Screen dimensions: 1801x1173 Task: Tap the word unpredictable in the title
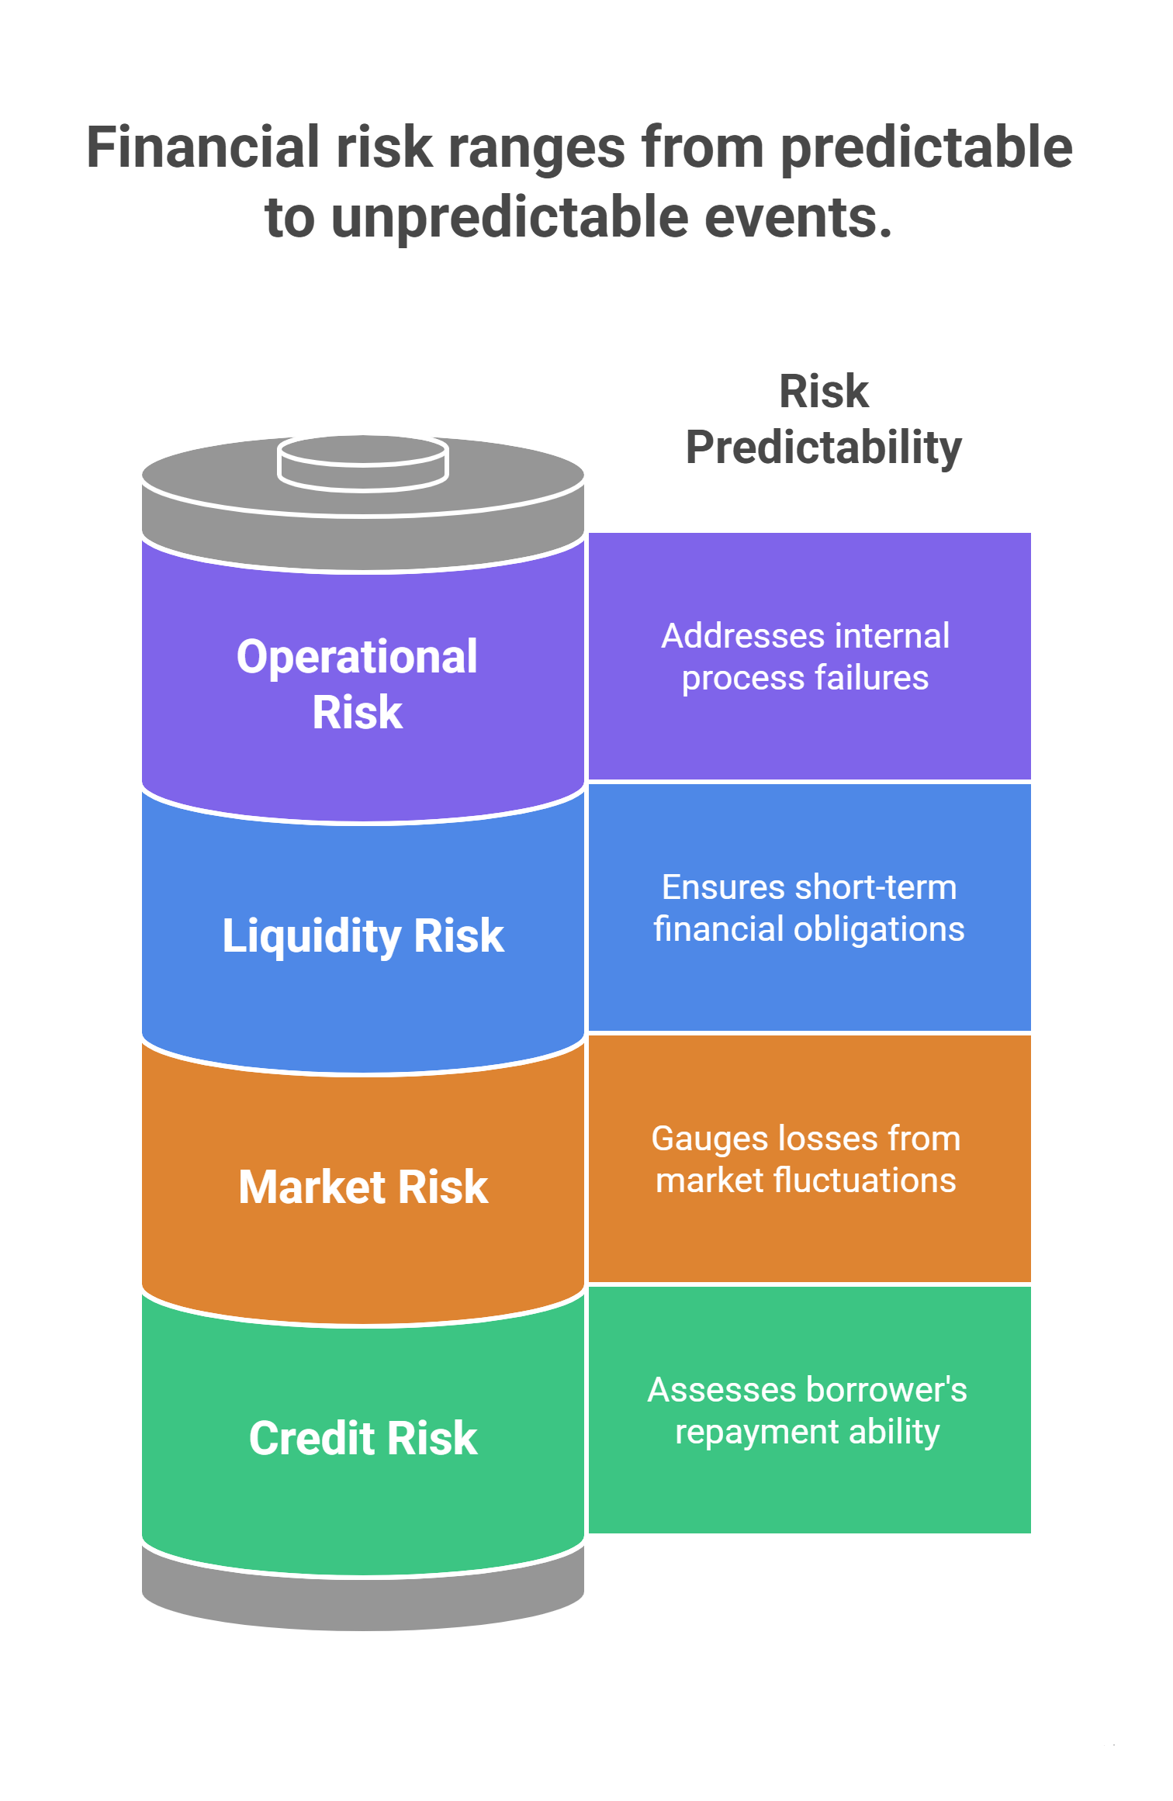[510, 217]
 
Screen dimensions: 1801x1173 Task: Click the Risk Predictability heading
[823, 420]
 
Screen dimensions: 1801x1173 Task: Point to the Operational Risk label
[358, 684]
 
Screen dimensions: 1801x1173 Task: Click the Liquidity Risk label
[363, 935]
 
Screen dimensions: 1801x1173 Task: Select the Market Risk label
[363, 1187]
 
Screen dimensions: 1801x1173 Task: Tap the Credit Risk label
[363, 1438]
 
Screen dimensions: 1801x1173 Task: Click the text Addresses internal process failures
[805, 656]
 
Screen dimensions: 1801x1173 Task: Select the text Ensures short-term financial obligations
[808, 907]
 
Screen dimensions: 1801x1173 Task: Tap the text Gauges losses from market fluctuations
[806, 1159]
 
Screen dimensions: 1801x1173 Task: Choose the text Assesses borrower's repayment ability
[807, 1410]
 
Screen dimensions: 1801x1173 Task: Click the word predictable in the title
[926, 147]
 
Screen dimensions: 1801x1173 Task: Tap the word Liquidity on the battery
[311, 936]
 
